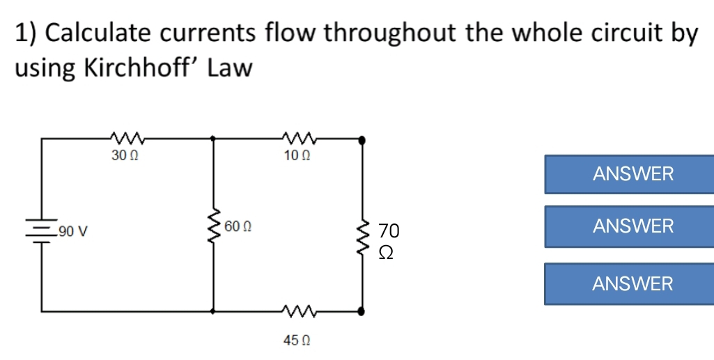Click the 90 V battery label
click(x=72, y=230)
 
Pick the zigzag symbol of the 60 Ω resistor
click(x=213, y=226)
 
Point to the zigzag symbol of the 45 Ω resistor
click(x=297, y=310)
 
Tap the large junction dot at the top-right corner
click(x=361, y=139)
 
